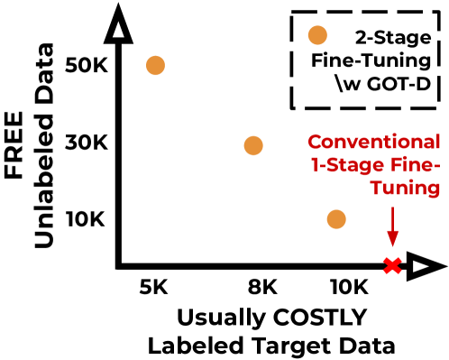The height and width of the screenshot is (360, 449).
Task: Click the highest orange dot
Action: [x=317, y=35]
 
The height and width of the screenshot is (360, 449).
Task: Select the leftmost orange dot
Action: [x=155, y=66]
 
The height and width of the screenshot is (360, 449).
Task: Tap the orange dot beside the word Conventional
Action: [x=253, y=145]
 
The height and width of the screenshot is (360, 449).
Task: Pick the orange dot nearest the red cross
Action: [x=336, y=219]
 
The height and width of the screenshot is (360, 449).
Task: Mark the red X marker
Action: [x=392, y=265]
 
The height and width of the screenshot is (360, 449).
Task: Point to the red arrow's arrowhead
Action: [x=392, y=239]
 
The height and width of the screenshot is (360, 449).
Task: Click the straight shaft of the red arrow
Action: [x=392, y=221]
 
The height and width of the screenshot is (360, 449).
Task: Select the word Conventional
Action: [x=374, y=143]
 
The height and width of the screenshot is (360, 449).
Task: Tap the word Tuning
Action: [x=406, y=189]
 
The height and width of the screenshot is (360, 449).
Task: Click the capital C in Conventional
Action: [x=315, y=143]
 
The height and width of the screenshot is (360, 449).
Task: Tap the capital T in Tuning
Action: [x=377, y=189]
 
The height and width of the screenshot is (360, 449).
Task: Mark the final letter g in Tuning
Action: [x=434, y=190]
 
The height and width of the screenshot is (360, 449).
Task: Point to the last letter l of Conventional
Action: [x=439, y=143]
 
